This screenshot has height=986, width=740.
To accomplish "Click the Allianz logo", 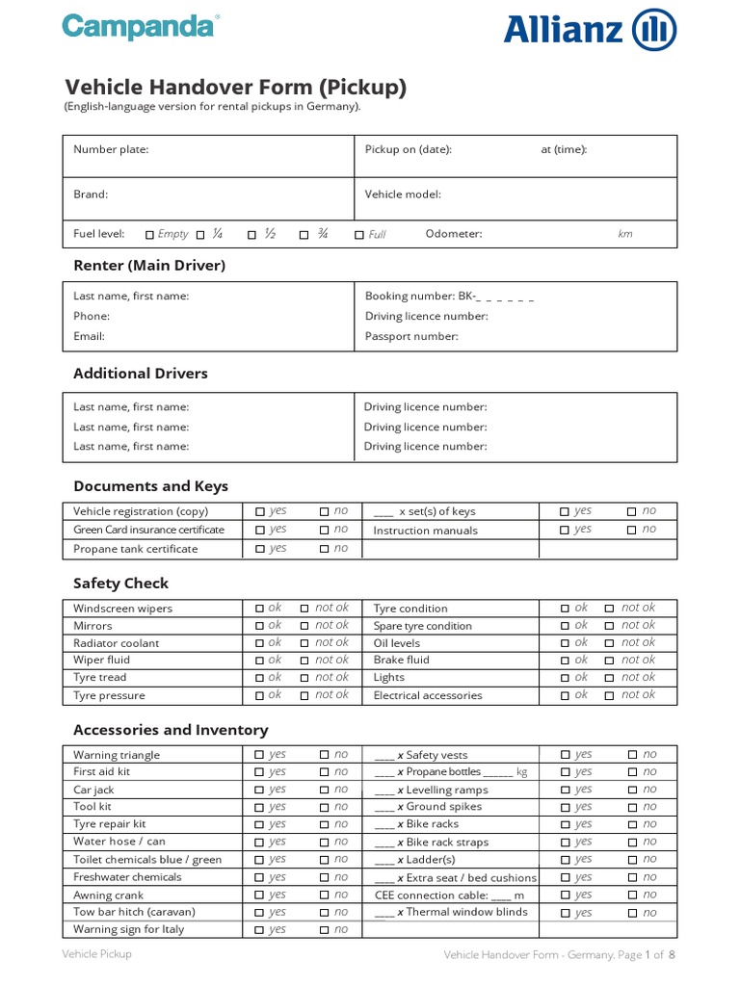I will point(590,30).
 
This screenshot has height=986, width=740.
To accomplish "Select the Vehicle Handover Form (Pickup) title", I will point(235,88).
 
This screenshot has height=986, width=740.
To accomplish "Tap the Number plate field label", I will point(111,149).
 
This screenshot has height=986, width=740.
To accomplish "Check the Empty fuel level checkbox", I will point(149,234).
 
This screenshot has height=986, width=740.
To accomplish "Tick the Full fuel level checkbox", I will point(359,234).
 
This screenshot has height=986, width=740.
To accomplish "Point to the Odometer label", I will point(454,234).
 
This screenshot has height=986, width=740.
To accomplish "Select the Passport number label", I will point(411,336).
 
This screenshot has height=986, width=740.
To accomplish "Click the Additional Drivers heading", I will point(141,373).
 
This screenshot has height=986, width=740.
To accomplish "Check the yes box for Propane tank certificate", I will point(259,549).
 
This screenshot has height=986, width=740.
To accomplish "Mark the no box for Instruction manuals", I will point(631,530).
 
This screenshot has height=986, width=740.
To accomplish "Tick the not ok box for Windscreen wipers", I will point(304,609).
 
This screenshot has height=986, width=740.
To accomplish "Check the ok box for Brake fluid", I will point(565,661).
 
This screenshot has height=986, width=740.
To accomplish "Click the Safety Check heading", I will point(120,583).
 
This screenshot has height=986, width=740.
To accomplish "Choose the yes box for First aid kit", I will point(259,772).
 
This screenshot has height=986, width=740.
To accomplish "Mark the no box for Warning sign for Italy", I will point(324,930).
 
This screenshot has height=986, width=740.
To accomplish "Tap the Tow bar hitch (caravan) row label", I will point(134,912).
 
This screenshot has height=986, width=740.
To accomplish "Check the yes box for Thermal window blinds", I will point(566,913).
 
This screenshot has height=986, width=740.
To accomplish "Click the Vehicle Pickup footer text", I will point(96,953).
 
